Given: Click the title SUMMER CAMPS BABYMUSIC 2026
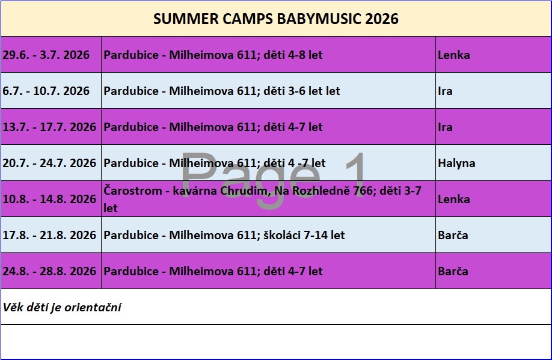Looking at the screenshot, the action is coord(275,19).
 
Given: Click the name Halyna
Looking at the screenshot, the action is coord(456,163).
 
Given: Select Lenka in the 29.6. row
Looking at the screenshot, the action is coord(454,55).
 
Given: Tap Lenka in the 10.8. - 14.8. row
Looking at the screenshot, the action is coord(454,199).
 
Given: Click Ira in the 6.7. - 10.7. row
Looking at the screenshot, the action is coord(446,91).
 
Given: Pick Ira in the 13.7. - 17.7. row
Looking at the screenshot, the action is coord(446,127).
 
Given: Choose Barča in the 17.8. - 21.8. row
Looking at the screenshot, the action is coord(453,235).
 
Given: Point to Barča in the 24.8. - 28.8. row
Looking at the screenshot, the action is coord(453,271).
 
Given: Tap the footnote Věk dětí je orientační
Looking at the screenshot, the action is coord(62,307).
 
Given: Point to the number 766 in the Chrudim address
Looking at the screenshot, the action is coord(363,191).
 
